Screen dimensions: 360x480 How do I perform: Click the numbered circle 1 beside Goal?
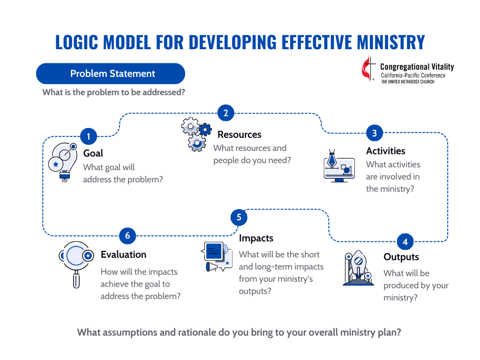point(89,137)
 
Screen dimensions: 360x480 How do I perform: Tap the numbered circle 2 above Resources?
point(225,113)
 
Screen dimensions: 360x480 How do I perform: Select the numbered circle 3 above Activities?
point(375,133)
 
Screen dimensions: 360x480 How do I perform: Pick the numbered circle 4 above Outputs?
point(405,242)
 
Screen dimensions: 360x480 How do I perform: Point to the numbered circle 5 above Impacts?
point(239,217)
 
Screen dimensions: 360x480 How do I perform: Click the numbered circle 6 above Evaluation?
point(127,235)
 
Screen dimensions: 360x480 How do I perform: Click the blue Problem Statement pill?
point(111,74)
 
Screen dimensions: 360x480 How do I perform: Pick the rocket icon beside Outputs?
point(358,268)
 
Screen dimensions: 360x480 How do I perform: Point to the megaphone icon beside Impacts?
point(216,257)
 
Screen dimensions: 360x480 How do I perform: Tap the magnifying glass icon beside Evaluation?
point(76,262)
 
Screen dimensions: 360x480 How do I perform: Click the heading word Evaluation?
point(123,255)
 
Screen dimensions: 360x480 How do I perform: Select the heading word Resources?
point(239,135)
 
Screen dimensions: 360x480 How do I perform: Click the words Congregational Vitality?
point(417,67)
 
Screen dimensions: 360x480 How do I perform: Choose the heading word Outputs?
point(401,257)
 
